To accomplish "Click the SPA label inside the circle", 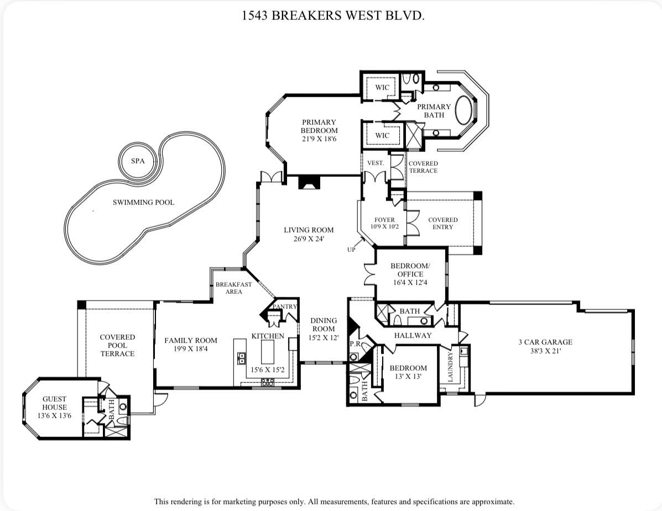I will click(x=137, y=161).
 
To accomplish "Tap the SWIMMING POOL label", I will click(x=143, y=202).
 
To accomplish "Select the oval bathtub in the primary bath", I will click(x=466, y=110).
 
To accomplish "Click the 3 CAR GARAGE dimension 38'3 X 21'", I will click(x=545, y=351).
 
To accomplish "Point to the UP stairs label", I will click(x=351, y=249).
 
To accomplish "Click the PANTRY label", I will click(x=284, y=307).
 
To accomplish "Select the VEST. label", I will click(x=376, y=163).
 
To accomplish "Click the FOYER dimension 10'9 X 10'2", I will click(x=384, y=226).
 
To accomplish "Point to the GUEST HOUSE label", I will click(x=54, y=403).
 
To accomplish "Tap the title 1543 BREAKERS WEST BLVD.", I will click(x=333, y=15).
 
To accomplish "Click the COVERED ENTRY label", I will click(x=442, y=223).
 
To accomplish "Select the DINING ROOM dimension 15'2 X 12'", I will click(x=324, y=337).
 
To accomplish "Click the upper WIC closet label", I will click(x=382, y=87).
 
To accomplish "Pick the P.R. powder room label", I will click(x=355, y=344).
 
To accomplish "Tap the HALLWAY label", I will click(x=413, y=335).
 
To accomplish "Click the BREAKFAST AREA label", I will click(x=233, y=288).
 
